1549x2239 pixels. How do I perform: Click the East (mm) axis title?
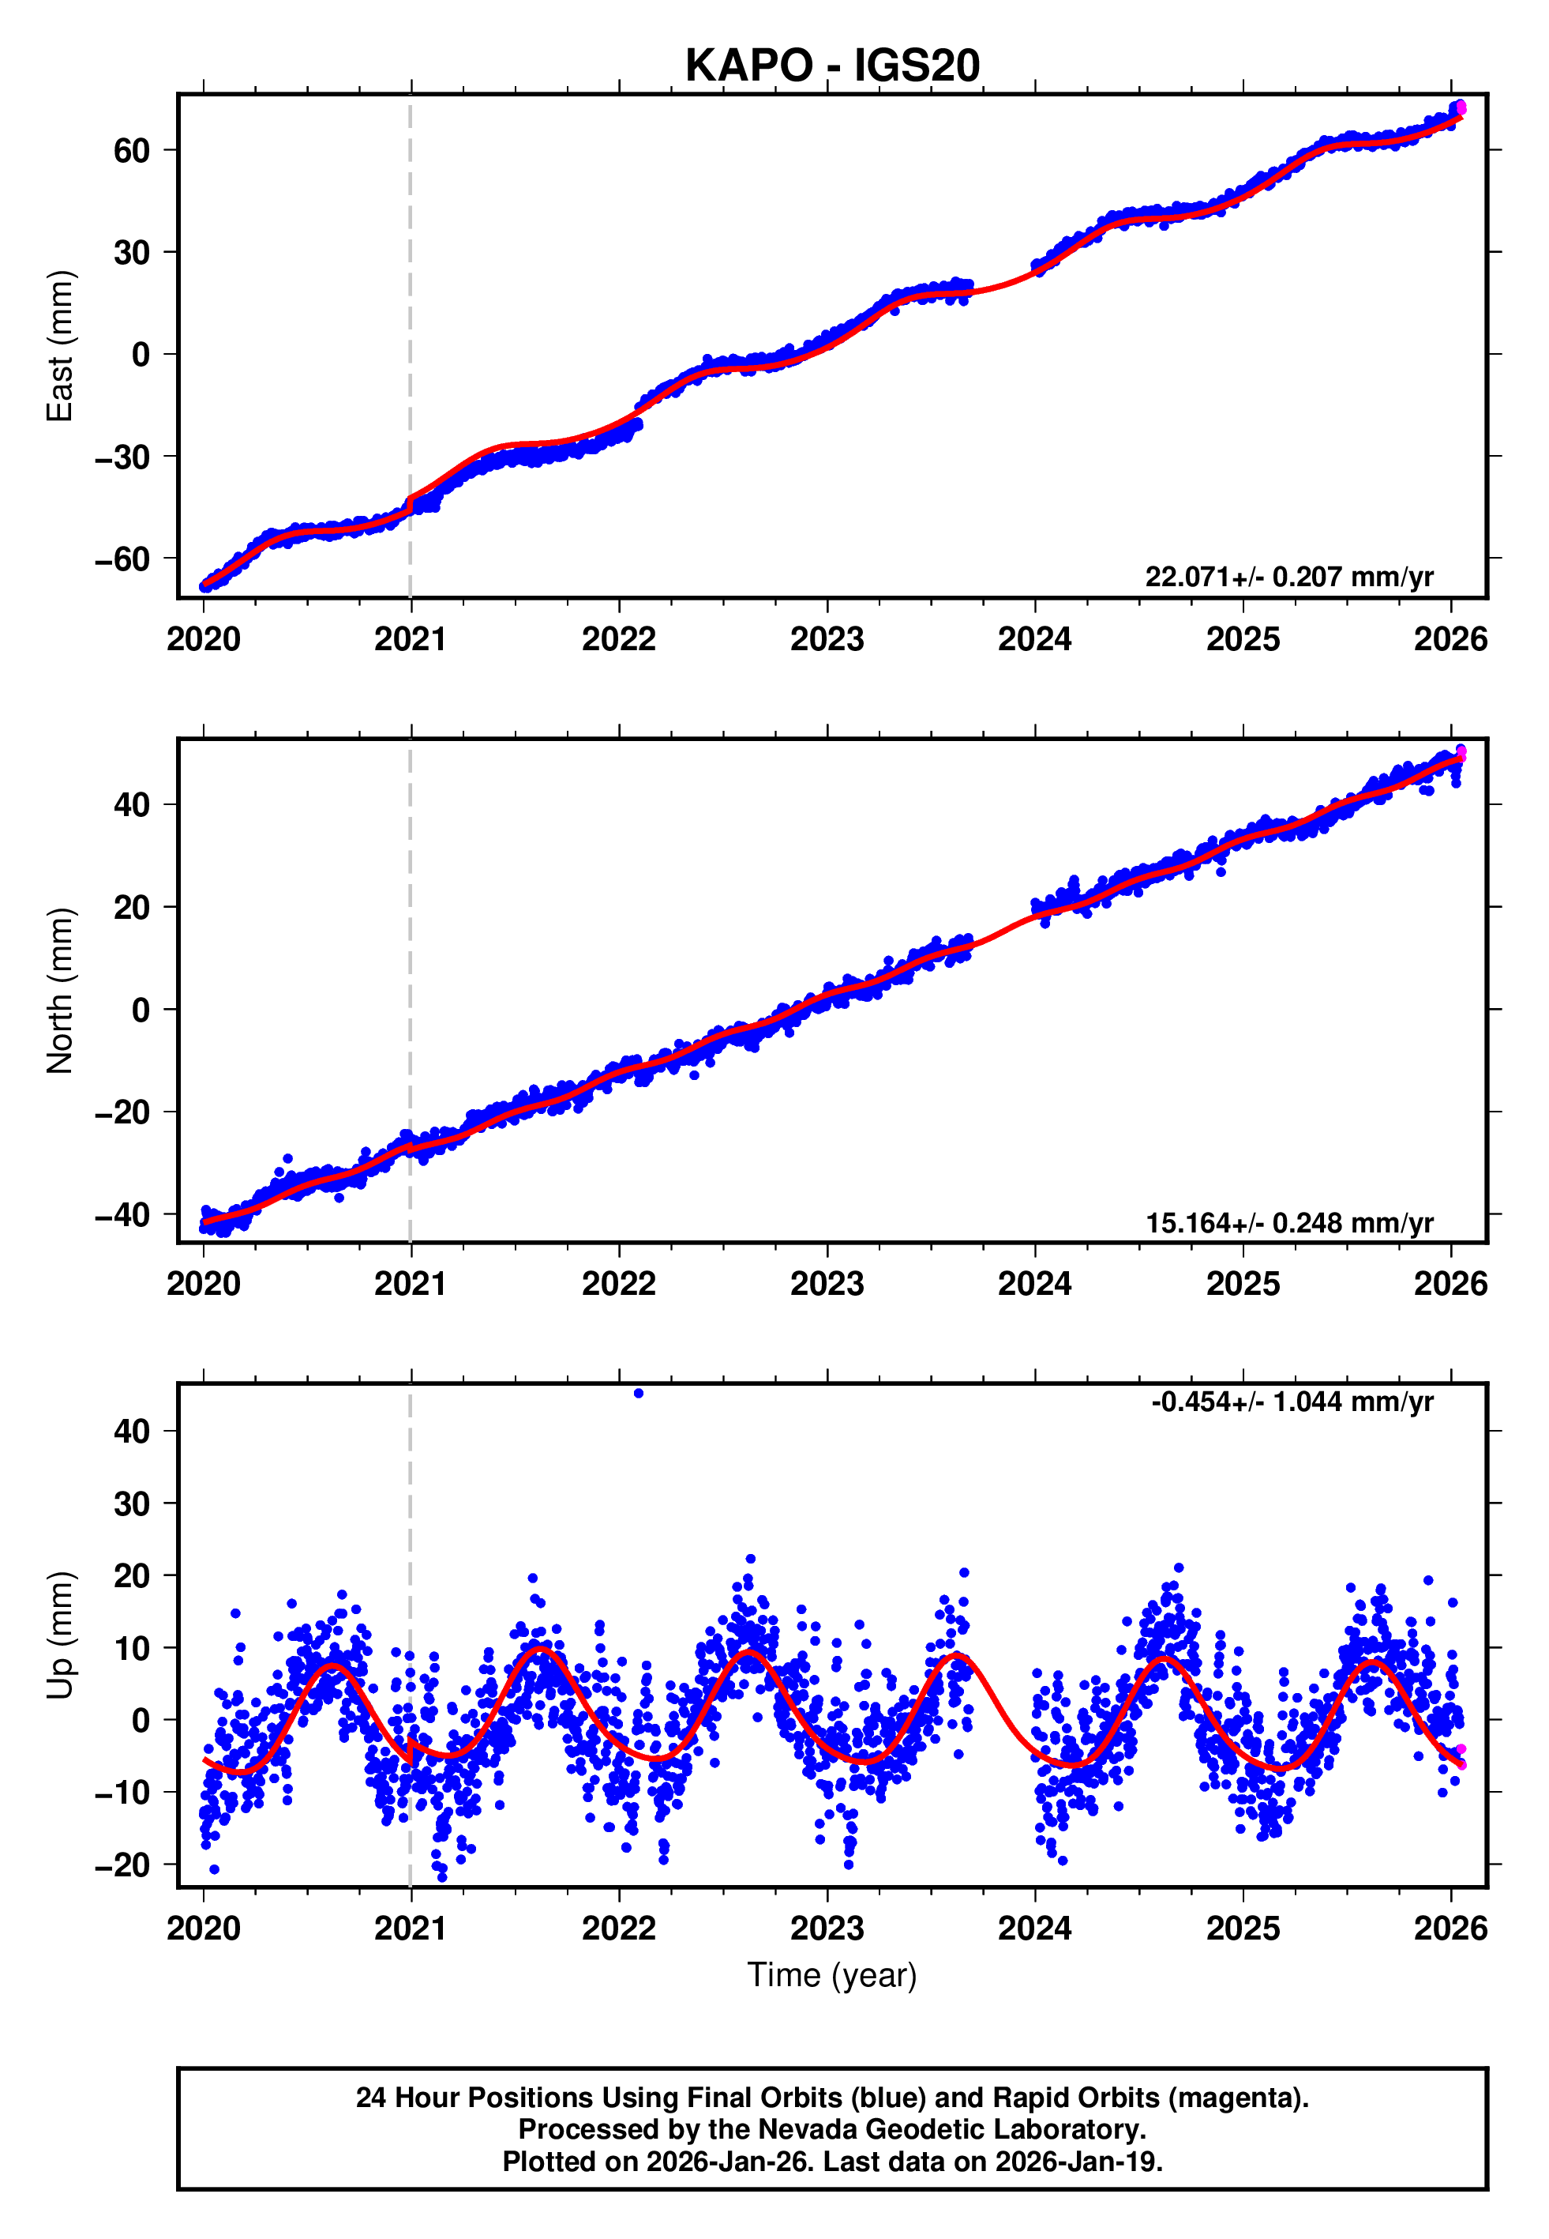pyautogui.click(x=60, y=346)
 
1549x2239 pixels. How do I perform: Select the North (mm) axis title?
pyautogui.click(x=60, y=991)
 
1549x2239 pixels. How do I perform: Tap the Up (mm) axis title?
pyautogui.click(x=60, y=1635)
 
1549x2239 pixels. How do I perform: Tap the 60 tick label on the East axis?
pyautogui.click(x=132, y=150)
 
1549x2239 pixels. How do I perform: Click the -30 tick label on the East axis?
pyautogui.click(x=122, y=457)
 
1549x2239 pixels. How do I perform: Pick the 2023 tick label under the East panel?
pyautogui.click(x=827, y=640)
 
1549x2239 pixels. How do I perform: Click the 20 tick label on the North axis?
pyautogui.click(x=132, y=907)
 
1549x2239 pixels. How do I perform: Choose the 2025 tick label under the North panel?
pyautogui.click(x=1243, y=1285)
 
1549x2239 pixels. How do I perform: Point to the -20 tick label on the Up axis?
pyautogui.click(x=122, y=1865)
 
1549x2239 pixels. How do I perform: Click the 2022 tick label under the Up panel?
pyautogui.click(x=619, y=1929)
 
